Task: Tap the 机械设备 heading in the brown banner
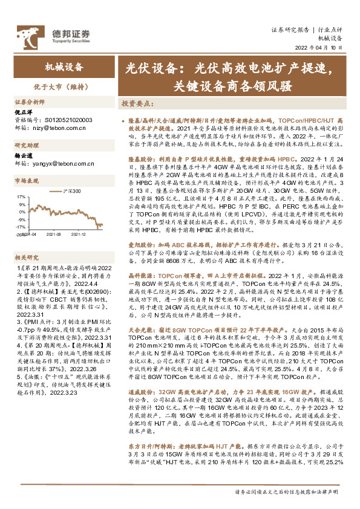(x=64, y=67)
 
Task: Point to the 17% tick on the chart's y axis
(x=21, y=196)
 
